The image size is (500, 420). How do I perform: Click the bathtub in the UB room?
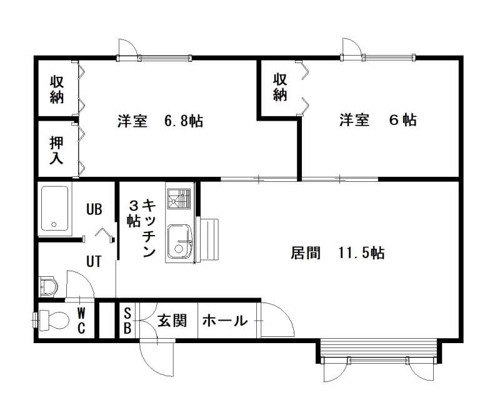click(x=54, y=208)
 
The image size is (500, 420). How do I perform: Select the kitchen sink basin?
click(x=179, y=241)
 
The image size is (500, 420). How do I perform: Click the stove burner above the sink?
click(x=179, y=198)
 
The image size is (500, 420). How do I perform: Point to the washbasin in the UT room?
click(x=49, y=287)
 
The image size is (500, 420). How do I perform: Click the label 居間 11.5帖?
click(x=337, y=253)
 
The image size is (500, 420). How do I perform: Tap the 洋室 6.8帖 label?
click(x=161, y=121)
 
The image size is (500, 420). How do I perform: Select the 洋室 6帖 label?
click(x=378, y=120)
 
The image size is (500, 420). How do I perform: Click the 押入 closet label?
click(x=56, y=150)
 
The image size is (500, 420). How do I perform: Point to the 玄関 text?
click(x=172, y=321)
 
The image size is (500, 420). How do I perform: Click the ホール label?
click(x=225, y=321)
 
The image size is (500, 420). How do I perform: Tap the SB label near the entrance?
click(x=127, y=321)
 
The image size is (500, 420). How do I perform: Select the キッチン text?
click(x=149, y=228)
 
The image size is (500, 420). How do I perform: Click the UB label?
click(x=94, y=209)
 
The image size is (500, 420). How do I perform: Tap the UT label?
click(x=94, y=261)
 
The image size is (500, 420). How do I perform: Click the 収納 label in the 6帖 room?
click(x=280, y=87)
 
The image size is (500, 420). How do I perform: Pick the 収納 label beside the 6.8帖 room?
click(x=57, y=89)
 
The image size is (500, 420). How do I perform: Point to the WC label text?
click(x=81, y=321)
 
